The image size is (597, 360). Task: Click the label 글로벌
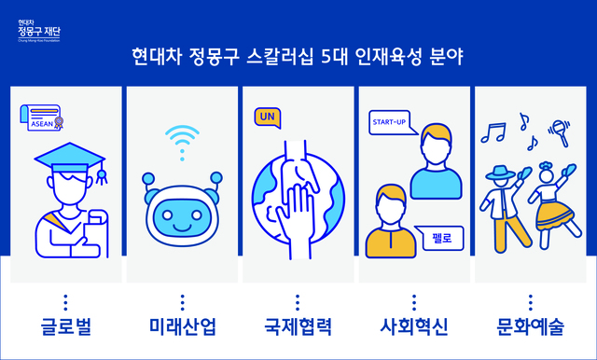click(x=64, y=327)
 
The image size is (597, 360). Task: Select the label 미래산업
click(x=182, y=327)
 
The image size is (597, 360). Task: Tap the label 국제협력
click(x=298, y=327)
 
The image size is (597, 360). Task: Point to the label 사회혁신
click(x=414, y=327)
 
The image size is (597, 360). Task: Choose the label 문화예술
click(x=531, y=327)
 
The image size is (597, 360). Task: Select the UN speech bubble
click(x=267, y=118)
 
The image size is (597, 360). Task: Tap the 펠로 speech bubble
click(x=442, y=239)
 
